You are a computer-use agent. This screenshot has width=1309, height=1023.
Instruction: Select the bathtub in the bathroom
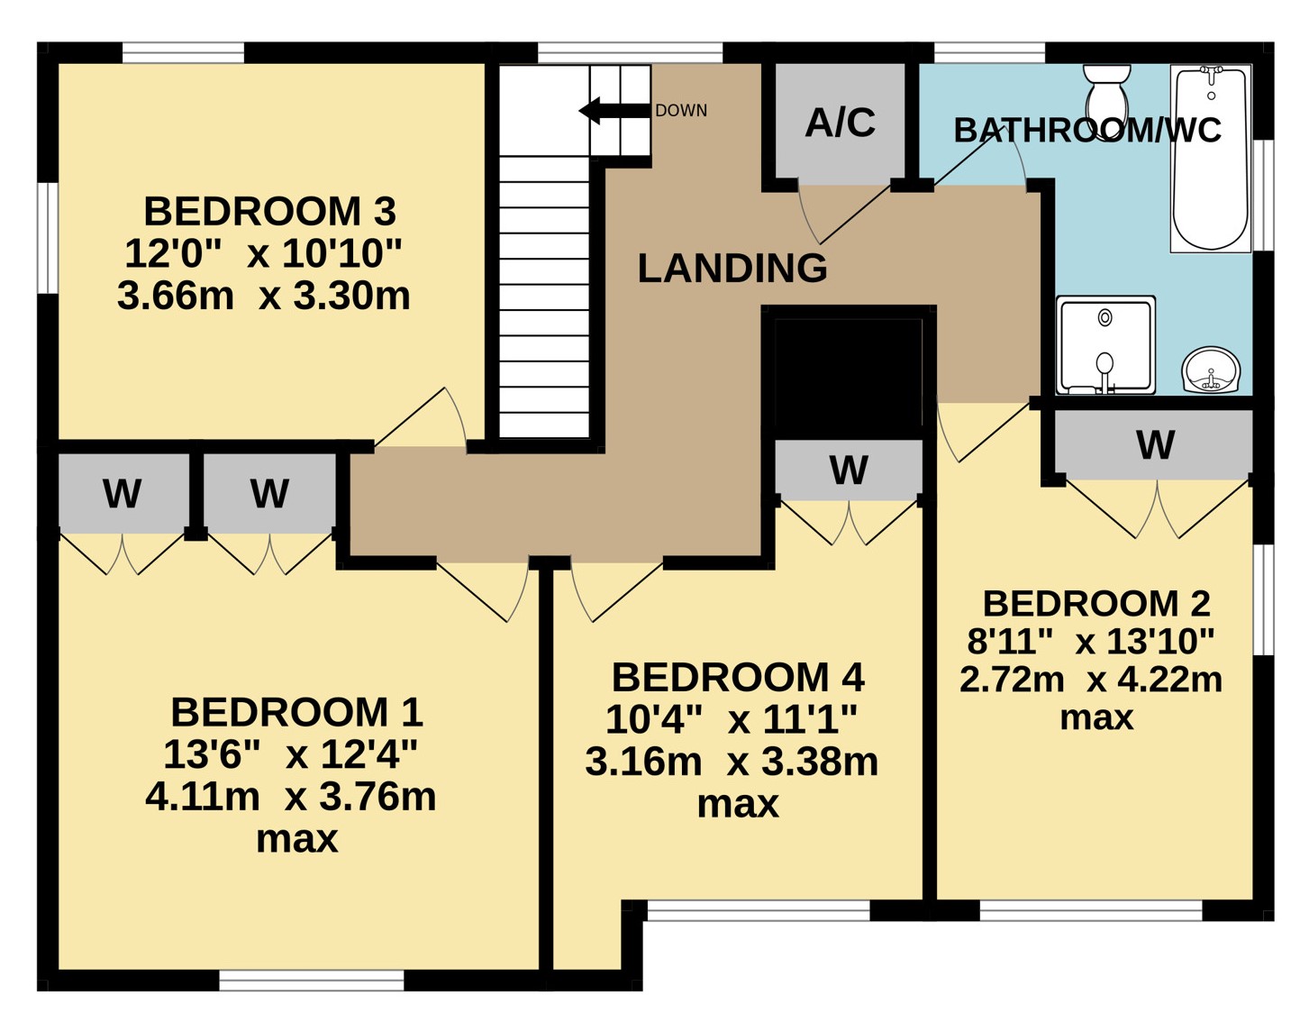(x=1211, y=159)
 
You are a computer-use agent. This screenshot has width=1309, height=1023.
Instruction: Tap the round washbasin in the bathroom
(x=1211, y=370)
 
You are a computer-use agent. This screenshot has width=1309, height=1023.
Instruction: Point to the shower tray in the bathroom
(x=1105, y=344)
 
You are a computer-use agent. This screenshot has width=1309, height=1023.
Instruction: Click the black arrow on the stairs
(x=614, y=111)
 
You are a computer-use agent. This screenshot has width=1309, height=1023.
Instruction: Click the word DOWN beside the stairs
(x=681, y=111)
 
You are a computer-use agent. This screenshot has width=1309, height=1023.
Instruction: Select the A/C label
(x=840, y=123)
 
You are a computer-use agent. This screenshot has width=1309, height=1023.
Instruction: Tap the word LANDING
(x=732, y=268)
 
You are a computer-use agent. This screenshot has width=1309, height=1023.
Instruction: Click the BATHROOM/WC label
(x=1087, y=130)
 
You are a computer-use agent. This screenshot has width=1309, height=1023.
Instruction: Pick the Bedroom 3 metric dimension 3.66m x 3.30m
(x=264, y=297)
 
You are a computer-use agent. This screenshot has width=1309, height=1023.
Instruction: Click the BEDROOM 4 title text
(x=738, y=677)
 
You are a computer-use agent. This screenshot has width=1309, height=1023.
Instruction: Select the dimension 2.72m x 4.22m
(x=1091, y=680)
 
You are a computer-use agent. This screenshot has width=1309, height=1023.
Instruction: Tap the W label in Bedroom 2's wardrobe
(x=1155, y=445)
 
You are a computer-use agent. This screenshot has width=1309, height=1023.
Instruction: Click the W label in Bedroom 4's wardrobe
(x=849, y=470)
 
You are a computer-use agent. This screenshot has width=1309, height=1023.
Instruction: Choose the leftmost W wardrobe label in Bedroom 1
(x=123, y=494)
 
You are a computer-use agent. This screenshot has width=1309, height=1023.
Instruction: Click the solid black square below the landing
(x=848, y=379)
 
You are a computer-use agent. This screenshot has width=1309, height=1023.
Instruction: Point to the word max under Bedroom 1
(x=297, y=839)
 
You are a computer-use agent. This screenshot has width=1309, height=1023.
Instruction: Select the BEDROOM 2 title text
(x=1096, y=603)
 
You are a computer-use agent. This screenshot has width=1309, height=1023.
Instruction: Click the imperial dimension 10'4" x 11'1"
(x=732, y=719)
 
